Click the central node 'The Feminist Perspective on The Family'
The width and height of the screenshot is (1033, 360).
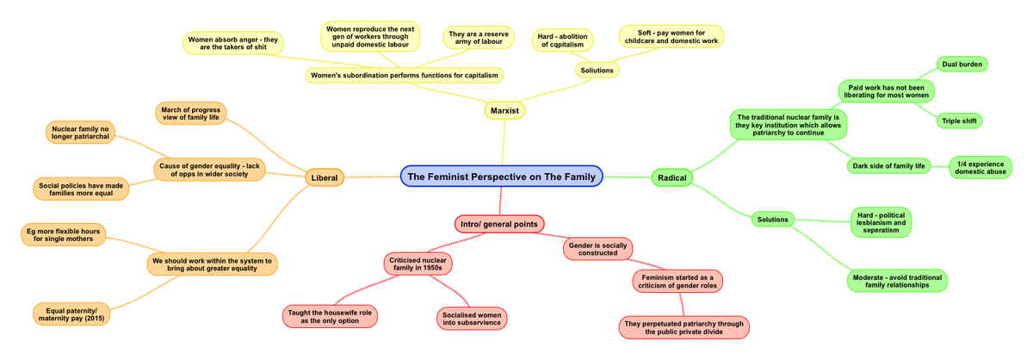[501, 177]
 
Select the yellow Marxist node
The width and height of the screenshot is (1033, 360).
[504, 110]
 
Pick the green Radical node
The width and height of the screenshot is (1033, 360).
[671, 177]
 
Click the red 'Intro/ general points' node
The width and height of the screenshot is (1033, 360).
[499, 224]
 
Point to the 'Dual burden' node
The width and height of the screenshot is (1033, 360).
[962, 65]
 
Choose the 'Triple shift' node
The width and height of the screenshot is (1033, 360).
[959, 121]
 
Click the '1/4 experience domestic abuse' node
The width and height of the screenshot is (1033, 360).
[980, 168]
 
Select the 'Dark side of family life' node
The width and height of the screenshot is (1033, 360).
[888, 165]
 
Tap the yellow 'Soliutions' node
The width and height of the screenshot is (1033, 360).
[597, 70]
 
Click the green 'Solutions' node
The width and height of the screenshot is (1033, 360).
[772, 220]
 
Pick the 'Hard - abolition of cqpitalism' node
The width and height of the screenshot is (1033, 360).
[562, 40]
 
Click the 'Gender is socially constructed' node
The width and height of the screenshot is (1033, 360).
[598, 249]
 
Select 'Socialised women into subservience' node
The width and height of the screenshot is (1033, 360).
[471, 318]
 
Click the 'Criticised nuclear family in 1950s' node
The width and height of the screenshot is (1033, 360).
[416, 264]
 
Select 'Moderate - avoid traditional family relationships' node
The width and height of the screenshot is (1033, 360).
[896, 281]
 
